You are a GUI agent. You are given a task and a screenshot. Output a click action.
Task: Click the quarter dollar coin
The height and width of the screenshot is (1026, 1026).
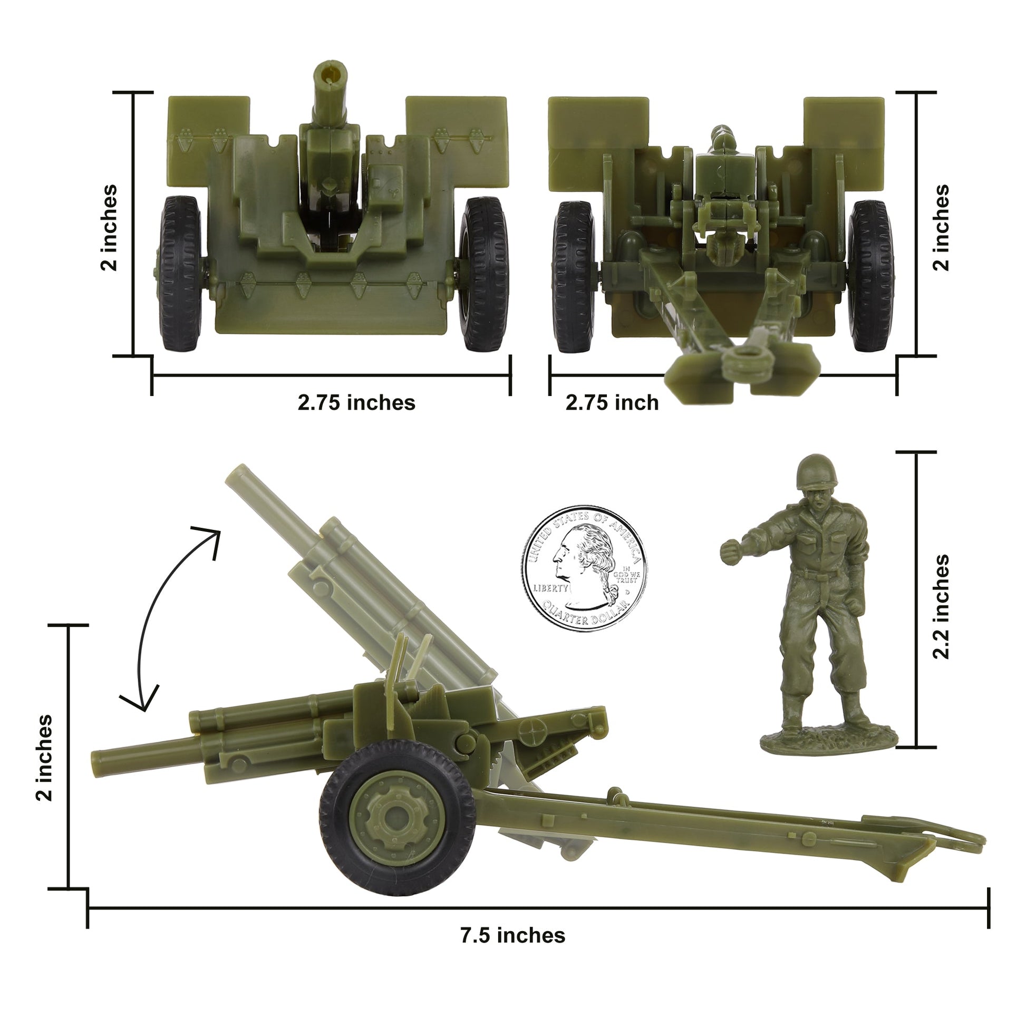pyautogui.click(x=584, y=569)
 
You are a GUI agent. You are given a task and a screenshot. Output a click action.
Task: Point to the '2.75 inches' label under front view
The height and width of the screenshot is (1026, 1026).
pyautogui.click(x=356, y=402)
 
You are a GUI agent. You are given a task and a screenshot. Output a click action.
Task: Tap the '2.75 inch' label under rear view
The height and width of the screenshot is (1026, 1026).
pyautogui.click(x=612, y=402)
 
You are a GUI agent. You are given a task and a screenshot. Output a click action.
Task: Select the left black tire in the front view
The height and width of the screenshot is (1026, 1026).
pyautogui.click(x=180, y=274)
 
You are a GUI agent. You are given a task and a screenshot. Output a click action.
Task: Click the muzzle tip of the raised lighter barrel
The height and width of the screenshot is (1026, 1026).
pyautogui.click(x=237, y=474)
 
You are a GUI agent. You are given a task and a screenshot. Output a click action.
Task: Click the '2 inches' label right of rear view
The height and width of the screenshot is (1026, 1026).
pyautogui.click(x=941, y=227)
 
